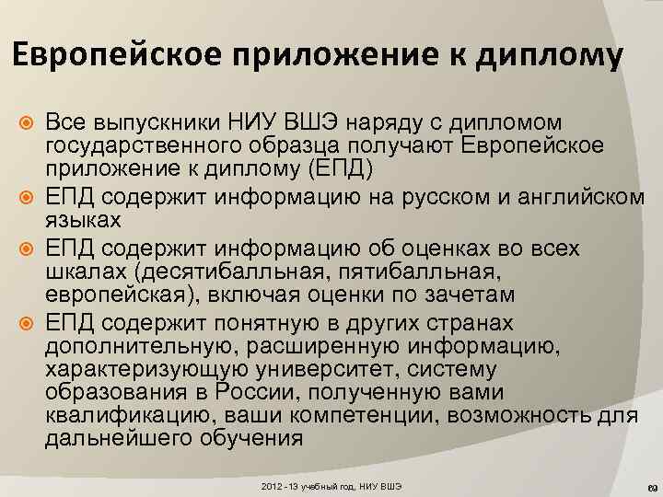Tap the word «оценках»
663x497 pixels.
point(434,246)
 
